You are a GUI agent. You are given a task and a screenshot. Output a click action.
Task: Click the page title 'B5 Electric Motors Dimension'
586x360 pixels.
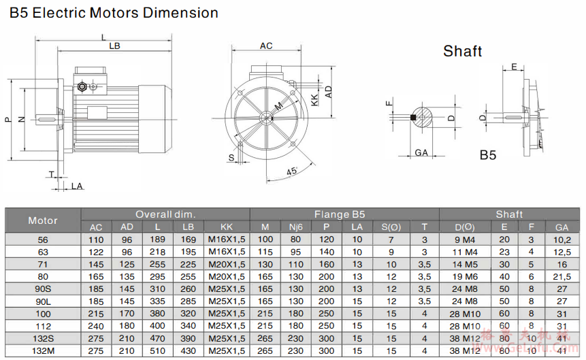(114, 13)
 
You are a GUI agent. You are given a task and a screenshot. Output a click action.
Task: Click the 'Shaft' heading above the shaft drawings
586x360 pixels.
(462, 51)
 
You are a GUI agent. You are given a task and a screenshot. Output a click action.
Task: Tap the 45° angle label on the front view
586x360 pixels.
(292, 172)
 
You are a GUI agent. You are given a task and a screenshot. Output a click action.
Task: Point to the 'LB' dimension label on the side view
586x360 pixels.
(114, 46)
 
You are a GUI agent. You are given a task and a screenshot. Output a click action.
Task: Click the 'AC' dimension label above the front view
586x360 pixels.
(266, 46)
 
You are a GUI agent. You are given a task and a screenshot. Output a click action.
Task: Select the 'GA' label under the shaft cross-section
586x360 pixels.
(421, 153)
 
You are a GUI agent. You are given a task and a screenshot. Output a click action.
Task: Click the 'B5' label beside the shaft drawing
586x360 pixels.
(488, 155)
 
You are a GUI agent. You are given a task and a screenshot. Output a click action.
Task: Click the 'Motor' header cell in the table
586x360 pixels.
(43, 220)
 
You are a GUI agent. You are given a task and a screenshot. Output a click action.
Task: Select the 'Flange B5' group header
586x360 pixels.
(344, 214)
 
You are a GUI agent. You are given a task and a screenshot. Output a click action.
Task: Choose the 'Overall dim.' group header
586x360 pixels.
(165, 214)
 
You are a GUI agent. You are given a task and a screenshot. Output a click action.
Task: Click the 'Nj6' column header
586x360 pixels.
(295, 227)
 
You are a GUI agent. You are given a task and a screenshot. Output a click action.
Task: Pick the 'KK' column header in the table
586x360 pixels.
(227, 227)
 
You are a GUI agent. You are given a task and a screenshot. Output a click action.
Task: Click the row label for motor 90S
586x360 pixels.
(43, 289)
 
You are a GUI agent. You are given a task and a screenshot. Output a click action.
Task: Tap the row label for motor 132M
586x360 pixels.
(43, 351)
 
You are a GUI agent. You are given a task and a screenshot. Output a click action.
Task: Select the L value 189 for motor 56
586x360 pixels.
(157, 240)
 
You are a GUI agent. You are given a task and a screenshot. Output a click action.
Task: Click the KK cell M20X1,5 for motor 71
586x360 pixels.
(227, 265)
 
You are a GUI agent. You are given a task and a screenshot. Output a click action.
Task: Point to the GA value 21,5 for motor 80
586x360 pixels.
(561, 277)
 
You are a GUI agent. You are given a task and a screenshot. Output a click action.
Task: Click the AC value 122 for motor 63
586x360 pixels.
(96, 252)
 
